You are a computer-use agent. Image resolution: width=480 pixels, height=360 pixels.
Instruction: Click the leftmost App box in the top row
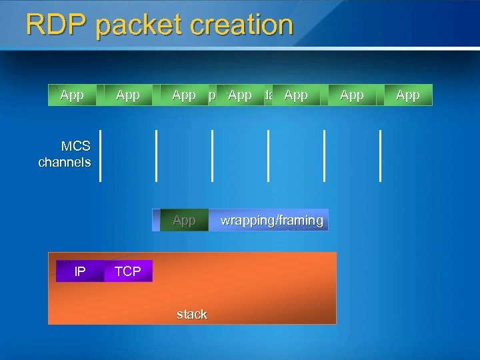point(72,95)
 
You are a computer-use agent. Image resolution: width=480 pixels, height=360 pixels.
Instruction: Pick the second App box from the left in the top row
point(128,95)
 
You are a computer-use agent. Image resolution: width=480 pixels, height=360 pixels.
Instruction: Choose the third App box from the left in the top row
point(184,95)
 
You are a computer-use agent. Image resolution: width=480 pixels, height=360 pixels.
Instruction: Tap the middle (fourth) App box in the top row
point(240,95)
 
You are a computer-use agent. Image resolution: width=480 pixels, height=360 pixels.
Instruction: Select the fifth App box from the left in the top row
point(296,95)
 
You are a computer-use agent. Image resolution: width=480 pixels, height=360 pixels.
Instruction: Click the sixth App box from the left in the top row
point(352,95)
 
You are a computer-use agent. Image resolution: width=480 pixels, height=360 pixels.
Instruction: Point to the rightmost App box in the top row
point(408,95)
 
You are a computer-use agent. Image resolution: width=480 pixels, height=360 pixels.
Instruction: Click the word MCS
point(76,146)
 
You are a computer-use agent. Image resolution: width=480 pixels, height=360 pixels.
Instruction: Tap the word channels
point(65,162)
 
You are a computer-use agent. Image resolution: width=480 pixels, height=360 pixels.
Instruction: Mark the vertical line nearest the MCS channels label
point(101,155)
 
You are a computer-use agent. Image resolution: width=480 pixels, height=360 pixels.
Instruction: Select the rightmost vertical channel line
point(381,155)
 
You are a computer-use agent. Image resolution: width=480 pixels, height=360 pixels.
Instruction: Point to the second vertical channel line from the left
point(157,155)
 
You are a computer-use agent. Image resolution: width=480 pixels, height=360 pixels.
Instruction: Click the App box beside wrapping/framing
point(184,220)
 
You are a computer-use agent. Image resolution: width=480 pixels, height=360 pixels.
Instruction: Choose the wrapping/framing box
point(271,220)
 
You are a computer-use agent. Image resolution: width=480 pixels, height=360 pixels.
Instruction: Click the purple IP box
point(80,271)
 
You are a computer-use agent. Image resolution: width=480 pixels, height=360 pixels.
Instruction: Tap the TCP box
point(128,271)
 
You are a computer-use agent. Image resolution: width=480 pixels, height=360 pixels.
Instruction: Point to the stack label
point(192,314)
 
